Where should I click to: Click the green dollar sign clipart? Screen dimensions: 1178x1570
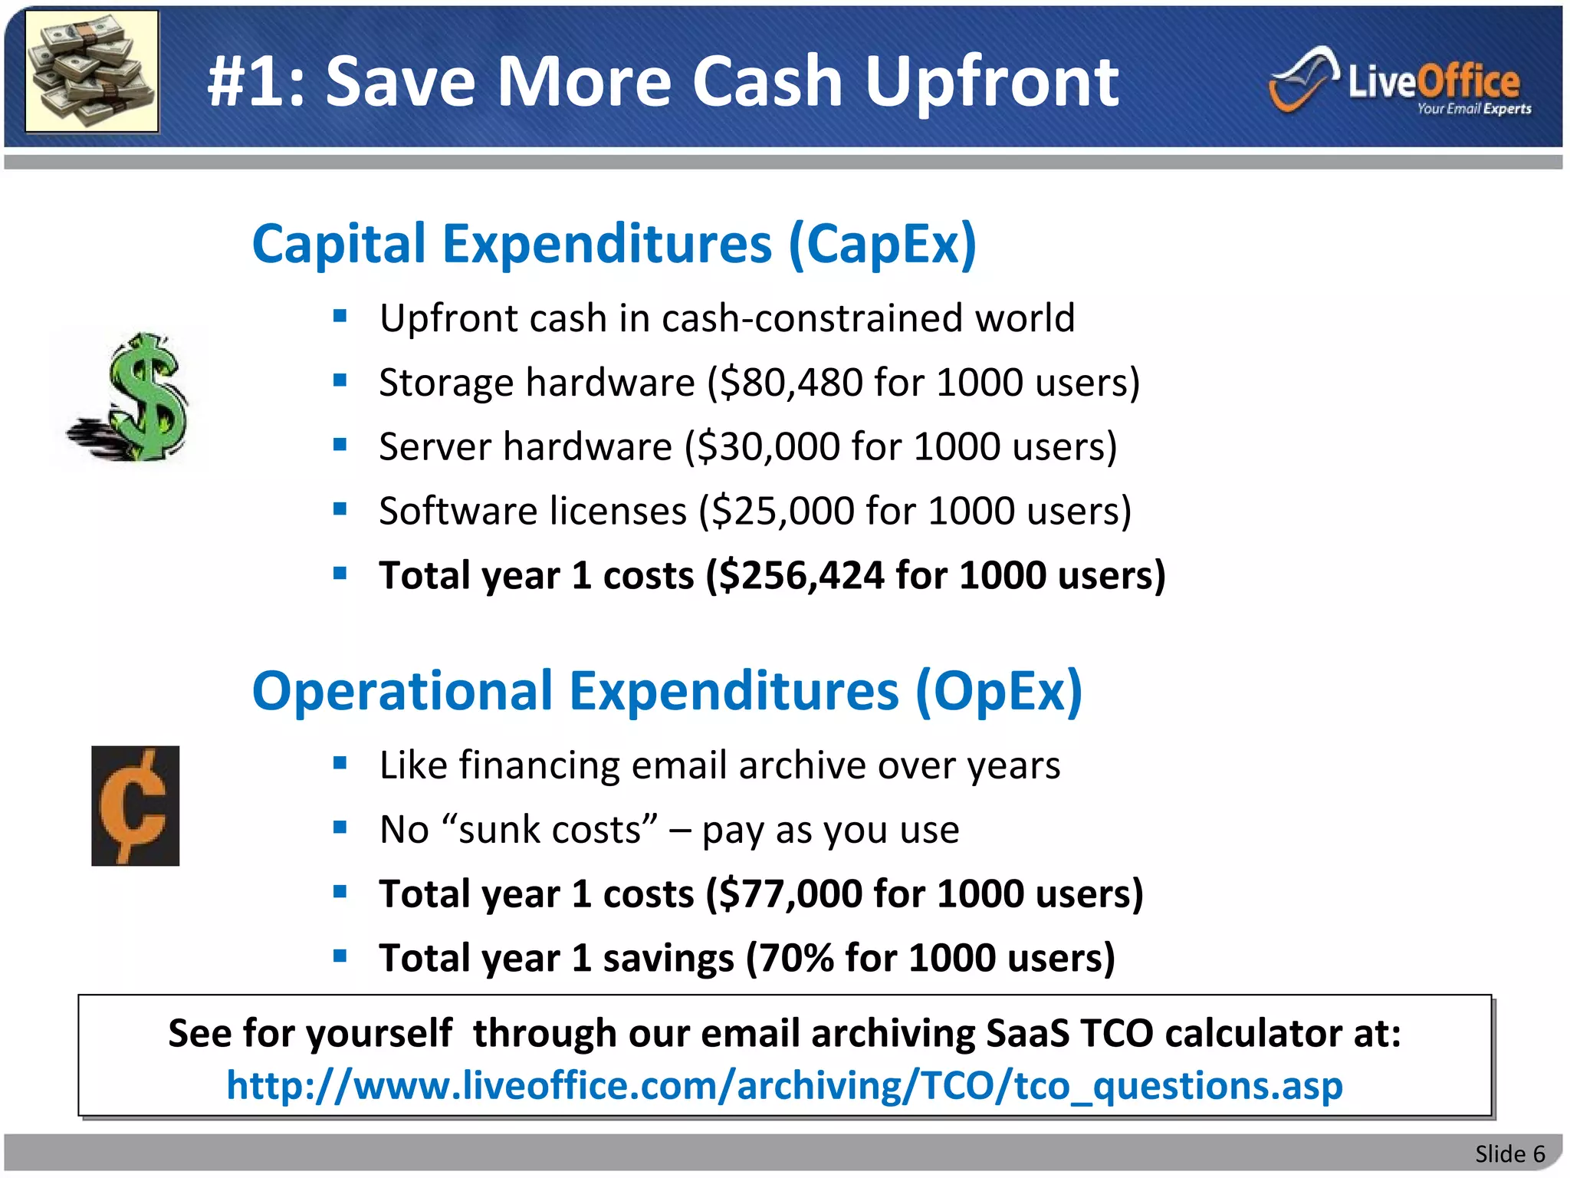pos(130,397)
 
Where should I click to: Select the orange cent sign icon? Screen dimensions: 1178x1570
pos(135,805)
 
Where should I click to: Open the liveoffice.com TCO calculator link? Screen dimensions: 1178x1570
pos(784,1086)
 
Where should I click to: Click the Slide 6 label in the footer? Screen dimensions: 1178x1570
pos(1509,1153)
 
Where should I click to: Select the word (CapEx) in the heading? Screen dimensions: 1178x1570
pos(882,245)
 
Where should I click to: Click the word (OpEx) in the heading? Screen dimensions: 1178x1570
pos(998,692)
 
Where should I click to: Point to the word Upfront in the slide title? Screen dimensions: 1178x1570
pos(991,82)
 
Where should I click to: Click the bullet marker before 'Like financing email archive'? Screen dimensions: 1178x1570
pos(340,763)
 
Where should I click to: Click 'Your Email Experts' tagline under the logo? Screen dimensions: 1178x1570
pos(1473,109)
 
